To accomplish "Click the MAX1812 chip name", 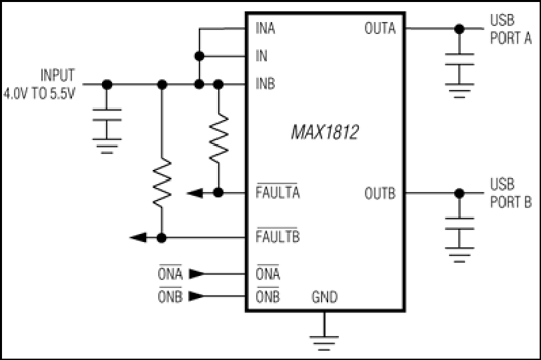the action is point(325,132).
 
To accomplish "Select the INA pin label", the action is point(265,28).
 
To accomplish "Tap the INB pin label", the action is point(265,84).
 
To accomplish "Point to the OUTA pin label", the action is point(380,28).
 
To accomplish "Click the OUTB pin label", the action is point(380,193).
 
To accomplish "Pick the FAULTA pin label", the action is point(278,192).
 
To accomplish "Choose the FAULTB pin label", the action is point(278,236).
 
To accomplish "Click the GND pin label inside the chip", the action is point(324,297).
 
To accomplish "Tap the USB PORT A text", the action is point(510,29).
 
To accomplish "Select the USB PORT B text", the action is point(510,193).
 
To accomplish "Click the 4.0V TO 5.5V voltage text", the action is point(39,93).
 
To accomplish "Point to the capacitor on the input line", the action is point(107,115).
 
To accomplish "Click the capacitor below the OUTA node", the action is point(459,59).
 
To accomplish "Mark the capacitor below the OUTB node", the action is point(459,223).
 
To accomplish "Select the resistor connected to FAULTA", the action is point(218,139).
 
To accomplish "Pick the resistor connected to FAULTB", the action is point(162,183).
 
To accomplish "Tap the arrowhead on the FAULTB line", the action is point(138,237).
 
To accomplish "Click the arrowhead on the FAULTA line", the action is point(195,193).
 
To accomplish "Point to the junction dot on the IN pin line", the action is point(199,56).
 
